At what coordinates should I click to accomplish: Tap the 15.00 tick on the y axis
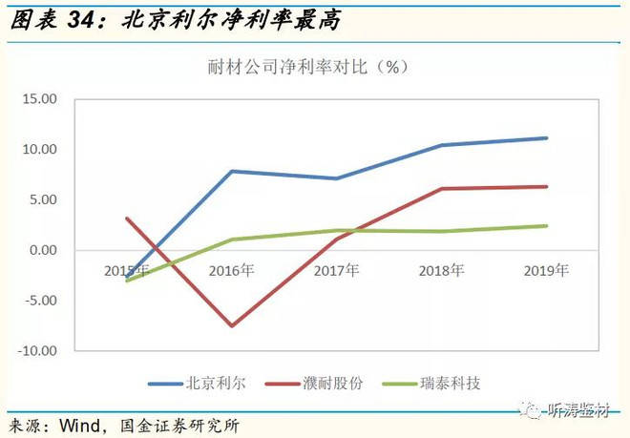41,99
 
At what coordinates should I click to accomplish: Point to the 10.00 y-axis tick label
41,150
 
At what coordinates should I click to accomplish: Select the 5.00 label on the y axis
45,200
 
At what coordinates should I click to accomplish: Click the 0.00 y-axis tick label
45,251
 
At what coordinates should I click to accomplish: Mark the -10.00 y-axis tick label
39,351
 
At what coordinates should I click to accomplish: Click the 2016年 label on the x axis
230,271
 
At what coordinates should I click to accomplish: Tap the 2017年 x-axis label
336,271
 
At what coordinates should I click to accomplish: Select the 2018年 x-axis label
441,271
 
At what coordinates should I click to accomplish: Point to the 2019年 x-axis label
546,271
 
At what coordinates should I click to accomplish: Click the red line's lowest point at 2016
231,326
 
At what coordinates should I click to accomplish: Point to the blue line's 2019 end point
546,138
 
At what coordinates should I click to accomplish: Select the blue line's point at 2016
231,171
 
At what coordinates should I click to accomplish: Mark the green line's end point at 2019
546,226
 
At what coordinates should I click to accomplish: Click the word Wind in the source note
79,425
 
